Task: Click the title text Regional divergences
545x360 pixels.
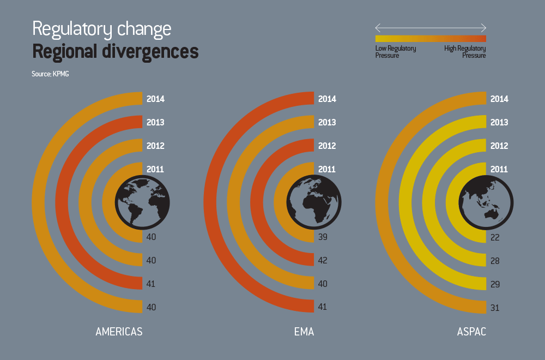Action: tap(115, 52)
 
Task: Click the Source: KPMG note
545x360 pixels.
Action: tap(50, 73)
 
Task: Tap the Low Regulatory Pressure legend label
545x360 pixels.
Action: tap(396, 52)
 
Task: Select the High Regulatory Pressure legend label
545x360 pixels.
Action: tap(465, 52)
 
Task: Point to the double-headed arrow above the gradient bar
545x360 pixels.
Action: tap(431, 28)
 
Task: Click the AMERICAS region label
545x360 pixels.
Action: tap(119, 332)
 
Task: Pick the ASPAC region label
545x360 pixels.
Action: tap(471, 332)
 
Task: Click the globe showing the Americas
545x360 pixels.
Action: tap(142, 202)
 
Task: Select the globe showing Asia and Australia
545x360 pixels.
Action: tap(486, 202)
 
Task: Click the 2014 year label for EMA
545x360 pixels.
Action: tap(327, 99)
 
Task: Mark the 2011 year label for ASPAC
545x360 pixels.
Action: tap(499, 170)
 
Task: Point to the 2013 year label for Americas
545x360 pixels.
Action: tap(155, 123)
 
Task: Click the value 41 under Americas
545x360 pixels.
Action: tap(152, 284)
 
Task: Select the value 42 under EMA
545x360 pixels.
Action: tap(323, 260)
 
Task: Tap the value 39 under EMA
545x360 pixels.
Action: tap(323, 237)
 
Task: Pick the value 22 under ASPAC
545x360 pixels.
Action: tap(495, 237)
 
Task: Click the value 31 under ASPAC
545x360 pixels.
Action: tap(495, 308)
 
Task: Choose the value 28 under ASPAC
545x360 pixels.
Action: tap(495, 261)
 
